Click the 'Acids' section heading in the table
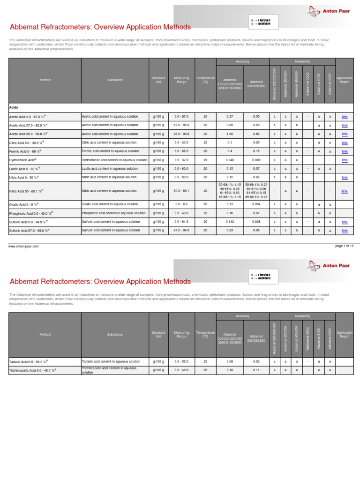pyautogui.click(x=14, y=107)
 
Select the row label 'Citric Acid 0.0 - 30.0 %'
pyautogui.click(x=27, y=142)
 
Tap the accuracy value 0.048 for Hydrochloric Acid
pyautogui.click(x=230, y=160)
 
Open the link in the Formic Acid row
pyautogui.click(x=345, y=151)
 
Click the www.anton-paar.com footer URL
pyautogui.click(x=23, y=246)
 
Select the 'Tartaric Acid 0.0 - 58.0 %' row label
pyautogui.click(x=28, y=362)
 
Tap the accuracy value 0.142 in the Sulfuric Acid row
pyautogui.click(x=230, y=222)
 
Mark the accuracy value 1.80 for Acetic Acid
pyautogui.click(x=230, y=134)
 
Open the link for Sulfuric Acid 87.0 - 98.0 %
pyautogui.click(x=345, y=231)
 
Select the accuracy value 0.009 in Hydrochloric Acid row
pyautogui.click(x=256, y=160)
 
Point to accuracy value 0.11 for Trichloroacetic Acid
pyautogui.click(x=256, y=370)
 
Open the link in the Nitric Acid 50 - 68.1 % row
pyautogui.click(x=345, y=191)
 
